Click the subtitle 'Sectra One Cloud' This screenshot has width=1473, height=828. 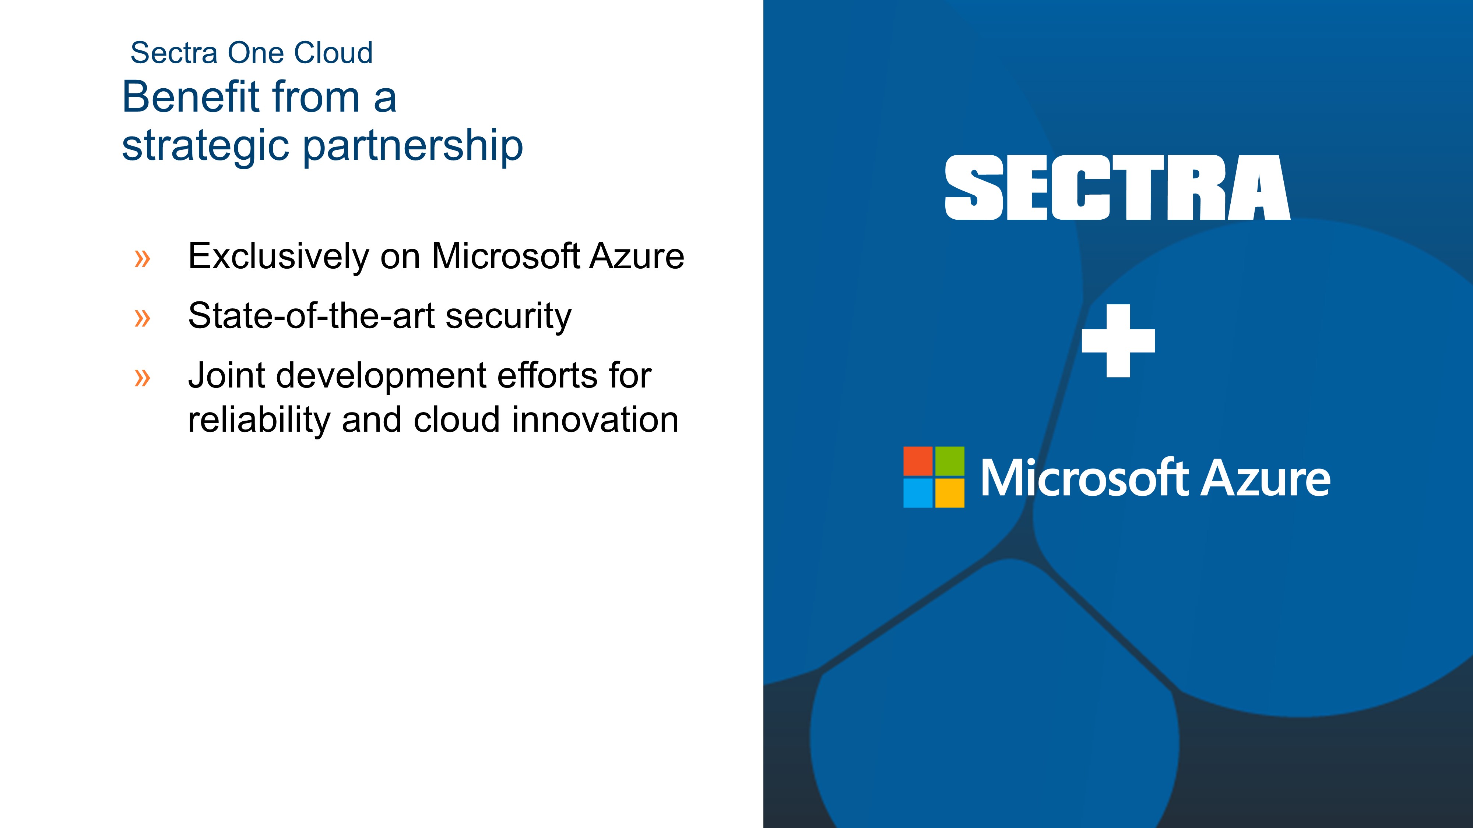point(252,53)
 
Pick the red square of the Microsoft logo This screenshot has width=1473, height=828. point(918,461)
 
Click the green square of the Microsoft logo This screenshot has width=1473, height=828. point(950,461)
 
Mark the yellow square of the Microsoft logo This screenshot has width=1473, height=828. point(950,493)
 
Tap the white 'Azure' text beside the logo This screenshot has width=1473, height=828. point(1265,478)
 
